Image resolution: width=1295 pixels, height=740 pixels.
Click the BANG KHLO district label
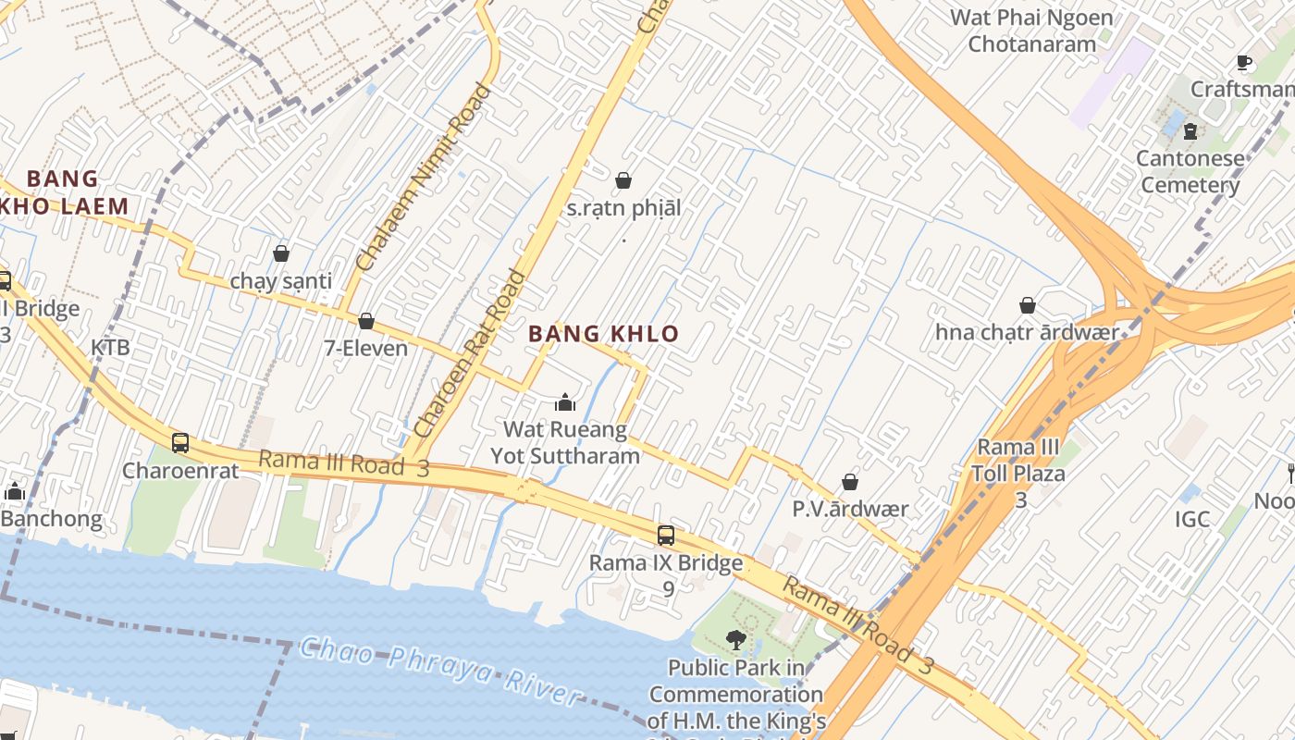coord(603,334)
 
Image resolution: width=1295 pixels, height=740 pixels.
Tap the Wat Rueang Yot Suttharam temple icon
coord(565,402)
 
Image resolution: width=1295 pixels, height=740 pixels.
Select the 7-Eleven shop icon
coord(366,321)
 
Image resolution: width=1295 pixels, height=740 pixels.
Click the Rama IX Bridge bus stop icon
coord(666,535)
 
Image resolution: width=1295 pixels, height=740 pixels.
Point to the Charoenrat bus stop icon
coord(180,442)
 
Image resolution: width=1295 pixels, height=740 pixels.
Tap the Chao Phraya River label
coord(440,671)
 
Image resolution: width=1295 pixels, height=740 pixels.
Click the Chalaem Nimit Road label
coord(424,178)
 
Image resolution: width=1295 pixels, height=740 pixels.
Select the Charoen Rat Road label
coord(469,353)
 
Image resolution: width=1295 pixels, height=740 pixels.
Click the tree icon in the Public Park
coord(736,638)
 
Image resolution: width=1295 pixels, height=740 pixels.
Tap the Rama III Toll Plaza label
coord(1018,461)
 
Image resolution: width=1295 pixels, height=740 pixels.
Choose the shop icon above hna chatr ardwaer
coord(1028,305)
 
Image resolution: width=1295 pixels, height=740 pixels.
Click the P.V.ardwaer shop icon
coord(850,482)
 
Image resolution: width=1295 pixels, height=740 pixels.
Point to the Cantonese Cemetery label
coord(1190,171)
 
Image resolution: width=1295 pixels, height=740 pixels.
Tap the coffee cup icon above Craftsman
coord(1244,63)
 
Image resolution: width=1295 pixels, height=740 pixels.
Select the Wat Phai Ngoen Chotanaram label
coord(1031,30)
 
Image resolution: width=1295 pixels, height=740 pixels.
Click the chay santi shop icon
coord(281,253)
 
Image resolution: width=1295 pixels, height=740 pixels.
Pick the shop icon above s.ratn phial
coord(623,180)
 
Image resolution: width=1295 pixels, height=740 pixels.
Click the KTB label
coord(110,348)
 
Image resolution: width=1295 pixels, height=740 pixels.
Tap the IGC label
coord(1192,519)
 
